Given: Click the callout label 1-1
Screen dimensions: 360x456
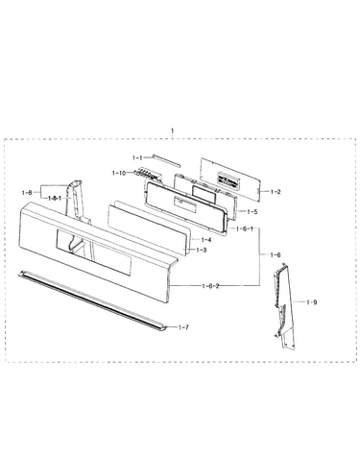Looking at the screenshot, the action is tap(138, 157).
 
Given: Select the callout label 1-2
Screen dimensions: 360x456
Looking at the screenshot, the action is tap(276, 192).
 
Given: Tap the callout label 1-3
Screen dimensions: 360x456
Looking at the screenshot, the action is tap(201, 250).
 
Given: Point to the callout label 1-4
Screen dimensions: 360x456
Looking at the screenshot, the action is tap(206, 240).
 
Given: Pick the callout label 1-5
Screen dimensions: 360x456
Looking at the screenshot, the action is tap(252, 211).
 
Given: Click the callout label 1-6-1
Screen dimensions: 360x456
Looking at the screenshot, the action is tap(245, 228).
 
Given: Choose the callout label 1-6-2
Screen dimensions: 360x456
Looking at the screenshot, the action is tap(210, 286).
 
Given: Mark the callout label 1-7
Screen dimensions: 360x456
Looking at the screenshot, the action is tap(183, 327).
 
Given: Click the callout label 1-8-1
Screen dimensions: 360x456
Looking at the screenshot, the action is tap(55, 198).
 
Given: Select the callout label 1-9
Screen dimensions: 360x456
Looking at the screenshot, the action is tap(312, 302).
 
